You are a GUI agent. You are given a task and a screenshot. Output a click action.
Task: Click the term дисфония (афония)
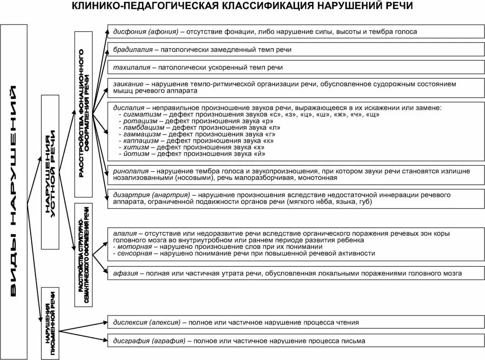coord(145,32)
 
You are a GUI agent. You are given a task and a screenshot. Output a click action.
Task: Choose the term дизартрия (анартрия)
coord(152,195)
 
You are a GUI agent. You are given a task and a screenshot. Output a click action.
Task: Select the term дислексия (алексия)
coord(147,323)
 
